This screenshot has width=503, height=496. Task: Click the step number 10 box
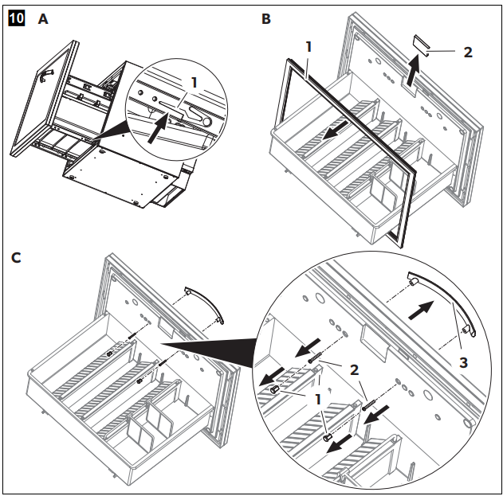click(x=15, y=17)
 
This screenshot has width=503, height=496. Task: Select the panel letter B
click(x=266, y=17)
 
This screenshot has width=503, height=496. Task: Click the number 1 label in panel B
click(x=308, y=47)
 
